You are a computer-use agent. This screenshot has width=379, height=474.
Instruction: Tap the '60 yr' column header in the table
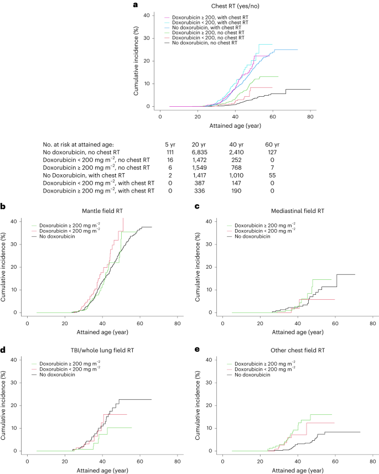tap(271, 143)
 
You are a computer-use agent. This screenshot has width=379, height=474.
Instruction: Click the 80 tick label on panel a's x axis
tap(310, 117)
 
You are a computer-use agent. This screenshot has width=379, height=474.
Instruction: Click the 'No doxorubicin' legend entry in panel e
tap(256, 375)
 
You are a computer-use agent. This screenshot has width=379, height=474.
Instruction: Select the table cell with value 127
tap(271, 152)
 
